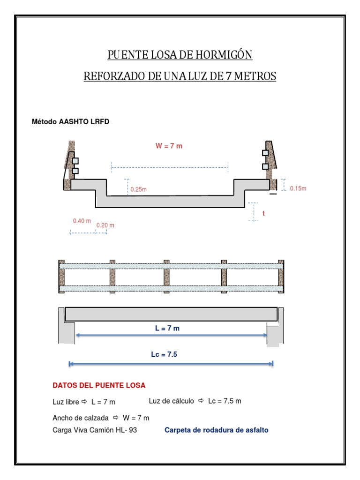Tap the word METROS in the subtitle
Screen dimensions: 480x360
coord(256,76)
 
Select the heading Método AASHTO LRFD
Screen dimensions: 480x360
coord(70,121)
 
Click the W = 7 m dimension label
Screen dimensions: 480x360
coord(169,146)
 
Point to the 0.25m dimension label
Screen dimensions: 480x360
coord(138,189)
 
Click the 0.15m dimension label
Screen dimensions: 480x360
coord(298,188)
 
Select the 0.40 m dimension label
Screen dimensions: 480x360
coord(82,221)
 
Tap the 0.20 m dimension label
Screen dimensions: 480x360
coord(105,225)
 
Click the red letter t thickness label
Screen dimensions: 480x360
coord(263,213)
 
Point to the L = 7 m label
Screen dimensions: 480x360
coord(167,328)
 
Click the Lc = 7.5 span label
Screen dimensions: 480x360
coord(164,355)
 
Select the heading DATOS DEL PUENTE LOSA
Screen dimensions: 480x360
coord(99,385)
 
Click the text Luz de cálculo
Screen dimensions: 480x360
coord(171,401)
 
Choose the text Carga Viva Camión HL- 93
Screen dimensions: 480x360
coord(95,430)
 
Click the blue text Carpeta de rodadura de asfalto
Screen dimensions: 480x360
coord(216,430)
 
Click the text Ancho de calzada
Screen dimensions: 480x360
coord(80,417)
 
